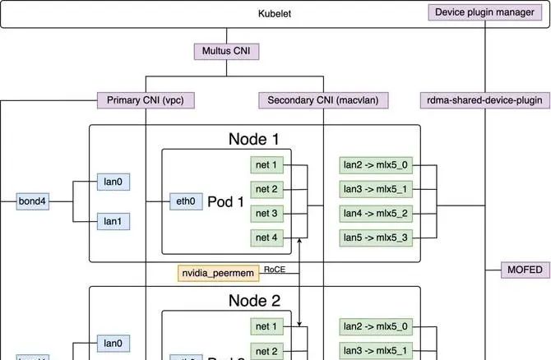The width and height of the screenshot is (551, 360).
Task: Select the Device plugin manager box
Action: [x=485, y=12]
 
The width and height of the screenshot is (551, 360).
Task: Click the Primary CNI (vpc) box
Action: [x=146, y=100]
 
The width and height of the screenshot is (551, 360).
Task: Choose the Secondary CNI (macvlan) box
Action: [x=323, y=100]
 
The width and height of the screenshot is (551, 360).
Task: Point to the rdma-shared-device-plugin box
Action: [x=485, y=100]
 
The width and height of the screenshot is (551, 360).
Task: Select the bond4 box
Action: [x=34, y=201]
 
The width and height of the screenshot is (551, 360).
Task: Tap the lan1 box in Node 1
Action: [x=112, y=221]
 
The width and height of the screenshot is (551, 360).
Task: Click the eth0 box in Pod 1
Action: [x=184, y=201]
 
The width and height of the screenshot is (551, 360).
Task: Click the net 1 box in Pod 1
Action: [x=267, y=165]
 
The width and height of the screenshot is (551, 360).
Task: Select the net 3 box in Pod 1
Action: [x=267, y=214]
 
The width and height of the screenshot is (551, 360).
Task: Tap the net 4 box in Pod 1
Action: [x=267, y=238]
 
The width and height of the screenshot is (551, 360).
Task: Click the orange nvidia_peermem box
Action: [x=218, y=272]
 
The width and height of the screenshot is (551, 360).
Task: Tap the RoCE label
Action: [x=273, y=269]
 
